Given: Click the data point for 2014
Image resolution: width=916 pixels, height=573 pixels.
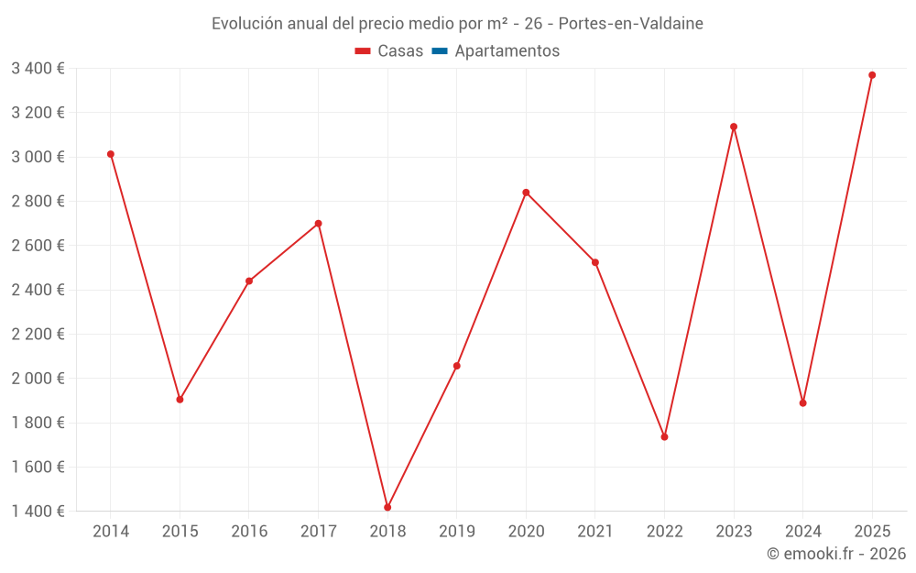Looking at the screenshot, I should [x=111, y=154].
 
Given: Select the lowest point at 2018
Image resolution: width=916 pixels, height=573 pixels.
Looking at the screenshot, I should [x=387, y=507].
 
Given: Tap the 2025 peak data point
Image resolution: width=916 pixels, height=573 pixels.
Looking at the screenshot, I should [x=872, y=75].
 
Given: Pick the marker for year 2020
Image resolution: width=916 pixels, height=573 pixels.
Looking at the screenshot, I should [x=526, y=193].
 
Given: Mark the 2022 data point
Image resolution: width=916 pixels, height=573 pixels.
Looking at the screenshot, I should [x=664, y=436].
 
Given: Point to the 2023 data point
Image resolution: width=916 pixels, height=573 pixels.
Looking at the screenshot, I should [x=734, y=127].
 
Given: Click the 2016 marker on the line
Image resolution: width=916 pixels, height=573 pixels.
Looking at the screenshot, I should [x=249, y=281].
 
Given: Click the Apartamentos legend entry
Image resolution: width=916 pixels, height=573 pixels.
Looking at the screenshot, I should [x=507, y=51].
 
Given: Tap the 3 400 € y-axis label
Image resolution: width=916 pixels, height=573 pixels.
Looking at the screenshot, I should [x=38, y=68].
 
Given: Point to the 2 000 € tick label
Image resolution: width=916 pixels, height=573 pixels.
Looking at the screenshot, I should [x=38, y=379].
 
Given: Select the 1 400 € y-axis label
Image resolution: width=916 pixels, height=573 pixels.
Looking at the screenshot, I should [x=38, y=512].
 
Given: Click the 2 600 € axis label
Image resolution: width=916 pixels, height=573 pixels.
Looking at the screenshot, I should [x=38, y=246].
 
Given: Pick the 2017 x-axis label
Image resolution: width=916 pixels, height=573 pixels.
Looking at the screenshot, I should [x=318, y=532].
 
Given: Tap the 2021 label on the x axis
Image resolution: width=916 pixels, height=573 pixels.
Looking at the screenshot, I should [x=595, y=532].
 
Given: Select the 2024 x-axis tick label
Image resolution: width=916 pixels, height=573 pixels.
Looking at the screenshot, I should [x=802, y=532].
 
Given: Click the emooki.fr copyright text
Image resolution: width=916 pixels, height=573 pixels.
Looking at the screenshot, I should [x=836, y=554].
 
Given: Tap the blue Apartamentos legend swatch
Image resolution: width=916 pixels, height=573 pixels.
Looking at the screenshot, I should [x=439, y=51].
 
